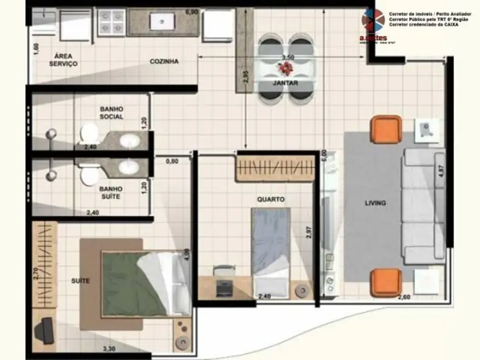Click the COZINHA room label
pyautogui.click(x=164, y=61)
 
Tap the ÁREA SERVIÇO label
pyautogui.click(x=63, y=60)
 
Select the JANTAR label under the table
pyautogui.click(x=286, y=83)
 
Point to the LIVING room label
pyautogui.click(x=375, y=203)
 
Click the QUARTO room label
pyautogui.click(x=271, y=199)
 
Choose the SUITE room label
pyautogui.click(x=80, y=281)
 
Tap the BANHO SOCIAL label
pyautogui.click(x=112, y=113)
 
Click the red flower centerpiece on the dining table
pyautogui.click(x=286, y=68)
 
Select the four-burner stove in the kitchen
pyautogui.click(x=112, y=22)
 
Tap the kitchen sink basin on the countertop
pyautogui.click(x=164, y=22)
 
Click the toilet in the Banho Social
pyautogui.click(x=89, y=133)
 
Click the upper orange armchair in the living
pyautogui.click(x=386, y=129)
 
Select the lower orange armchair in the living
pyautogui.click(x=385, y=282)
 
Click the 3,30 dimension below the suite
pyautogui.click(x=110, y=349)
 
